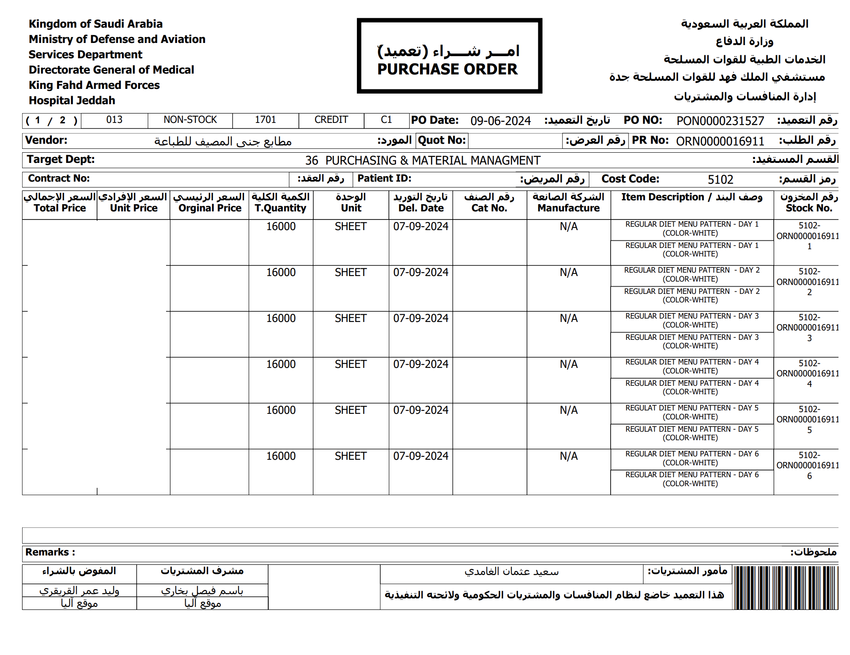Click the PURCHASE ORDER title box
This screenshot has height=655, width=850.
click(x=449, y=56)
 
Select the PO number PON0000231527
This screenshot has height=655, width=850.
click(x=720, y=121)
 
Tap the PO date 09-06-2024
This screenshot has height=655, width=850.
click(x=500, y=121)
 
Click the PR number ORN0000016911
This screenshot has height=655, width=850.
click(x=720, y=141)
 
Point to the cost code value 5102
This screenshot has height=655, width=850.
click(x=720, y=179)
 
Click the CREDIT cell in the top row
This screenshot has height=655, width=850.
click(x=331, y=120)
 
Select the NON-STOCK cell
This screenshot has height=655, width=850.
click(x=190, y=120)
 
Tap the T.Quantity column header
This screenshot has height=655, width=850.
click(x=281, y=203)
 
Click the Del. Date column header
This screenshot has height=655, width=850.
click(x=421, y=203)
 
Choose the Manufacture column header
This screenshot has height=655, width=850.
click(x=568, y=203)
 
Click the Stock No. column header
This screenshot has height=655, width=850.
click(x=809, y=203)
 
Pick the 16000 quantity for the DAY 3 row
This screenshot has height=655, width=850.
click(x=281, y=319)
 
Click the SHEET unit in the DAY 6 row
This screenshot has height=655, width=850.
click(x=350, y=456)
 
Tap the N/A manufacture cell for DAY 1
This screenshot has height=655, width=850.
click(x=569, y=227)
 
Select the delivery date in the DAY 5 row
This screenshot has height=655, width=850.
click(x=421, y=410)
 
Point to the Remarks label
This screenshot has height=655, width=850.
click(x=50, y=552)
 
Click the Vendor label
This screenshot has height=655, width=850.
click(x=46, y=140)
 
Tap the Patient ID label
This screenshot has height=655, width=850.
click(x=384, y=179)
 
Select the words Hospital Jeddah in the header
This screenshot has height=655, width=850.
click(x=72, y=101)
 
